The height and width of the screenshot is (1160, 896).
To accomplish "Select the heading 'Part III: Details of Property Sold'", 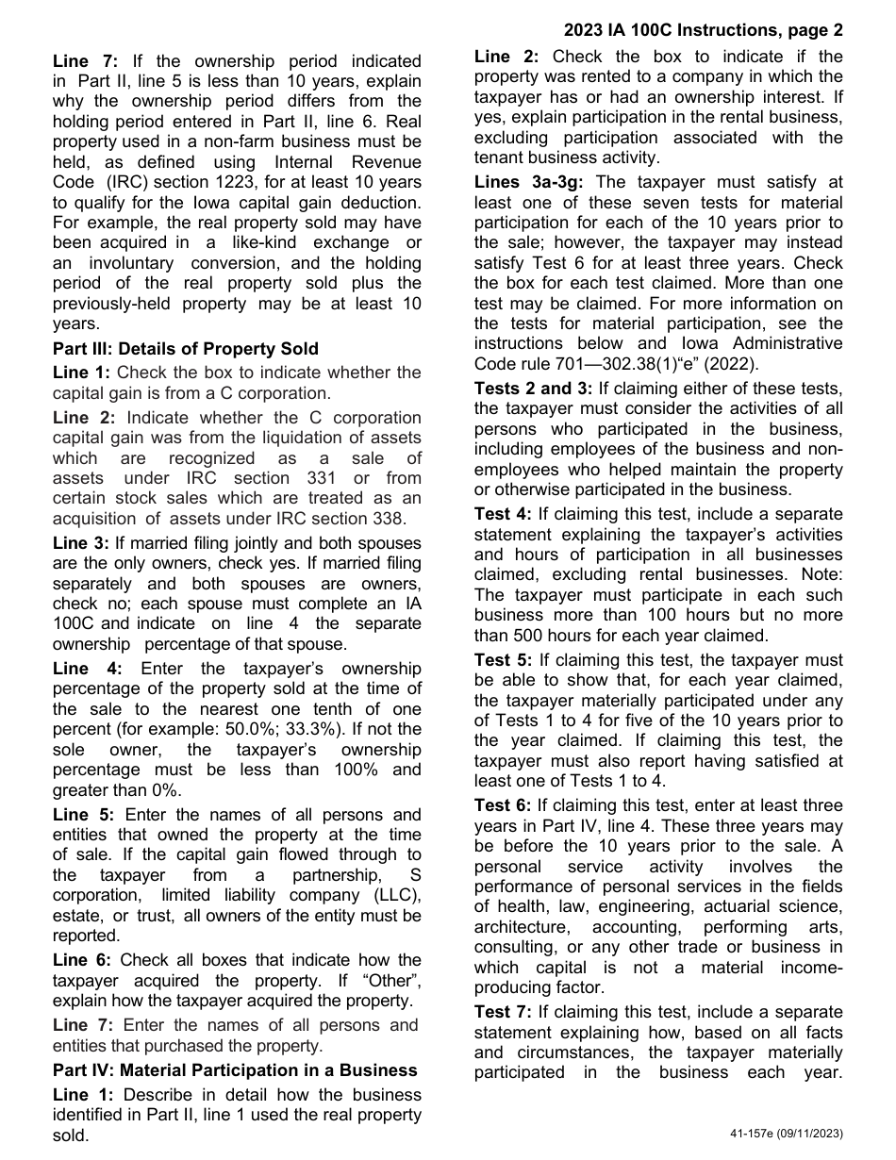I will coord(186,349).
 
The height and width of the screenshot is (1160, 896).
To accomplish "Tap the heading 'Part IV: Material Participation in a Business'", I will coord(235,1070).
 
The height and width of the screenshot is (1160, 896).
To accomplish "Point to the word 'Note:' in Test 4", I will coord(818,574).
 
